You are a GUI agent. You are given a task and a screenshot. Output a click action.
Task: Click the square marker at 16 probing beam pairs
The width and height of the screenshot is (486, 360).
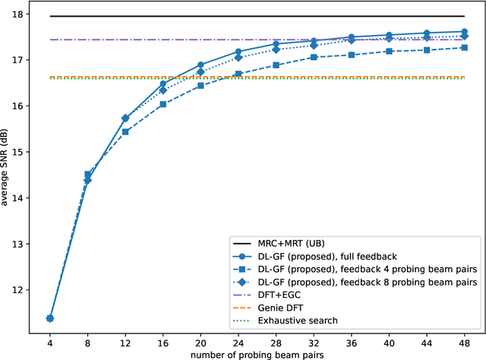pyautogui.click(x=163, y=104)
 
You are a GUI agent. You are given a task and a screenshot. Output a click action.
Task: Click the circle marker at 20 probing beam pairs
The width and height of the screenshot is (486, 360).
pyautogui.click(x=200, y=65)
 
